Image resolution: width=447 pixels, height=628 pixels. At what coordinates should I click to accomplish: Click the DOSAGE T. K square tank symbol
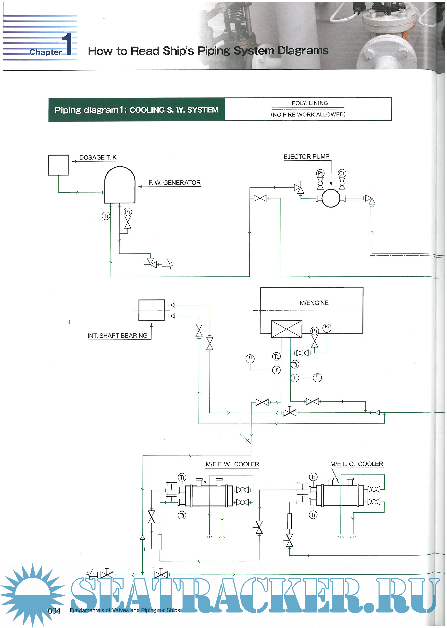(58, 165)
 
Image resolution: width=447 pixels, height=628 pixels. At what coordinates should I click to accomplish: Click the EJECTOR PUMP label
(306, 157)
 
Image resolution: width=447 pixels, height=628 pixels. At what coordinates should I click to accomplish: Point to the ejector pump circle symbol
(331, 198)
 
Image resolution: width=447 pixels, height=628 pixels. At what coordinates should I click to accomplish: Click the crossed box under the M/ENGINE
(286, 329)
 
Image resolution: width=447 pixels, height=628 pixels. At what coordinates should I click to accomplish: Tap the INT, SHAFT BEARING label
(117, 335)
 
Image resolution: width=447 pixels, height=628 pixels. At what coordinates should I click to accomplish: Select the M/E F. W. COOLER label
(232, 464)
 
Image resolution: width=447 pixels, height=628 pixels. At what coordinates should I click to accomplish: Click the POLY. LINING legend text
(309, 103)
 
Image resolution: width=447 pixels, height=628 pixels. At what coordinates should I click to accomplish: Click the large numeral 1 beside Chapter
(67, 44)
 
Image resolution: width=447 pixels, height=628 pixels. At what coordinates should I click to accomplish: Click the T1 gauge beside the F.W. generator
(106, 216)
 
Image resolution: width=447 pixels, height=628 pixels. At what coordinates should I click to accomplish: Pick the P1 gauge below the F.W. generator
(128, 212)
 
